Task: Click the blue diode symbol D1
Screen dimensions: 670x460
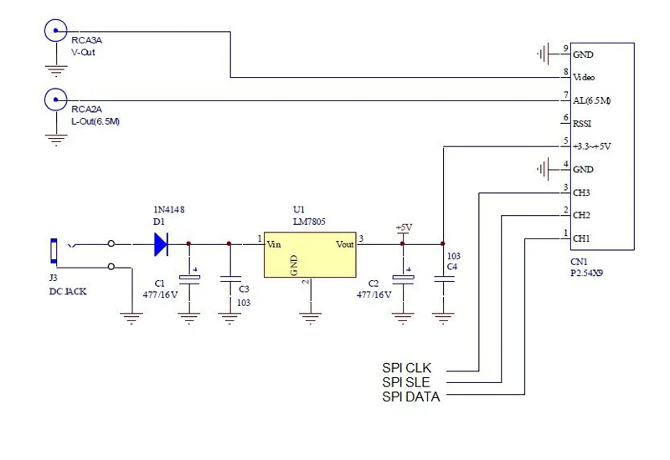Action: click(x=161, y=244)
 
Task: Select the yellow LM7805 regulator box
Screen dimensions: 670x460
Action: click(x=310, y=255)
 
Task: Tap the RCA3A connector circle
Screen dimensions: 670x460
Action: click(x=55, y=31)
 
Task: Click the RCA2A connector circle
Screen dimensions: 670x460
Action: click(x=55, y=100)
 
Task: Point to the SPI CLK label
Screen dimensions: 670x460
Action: click(x=406, y=368)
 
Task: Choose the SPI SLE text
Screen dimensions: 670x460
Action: click(x=406, y=382)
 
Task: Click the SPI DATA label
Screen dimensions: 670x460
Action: click(x=411, y=396)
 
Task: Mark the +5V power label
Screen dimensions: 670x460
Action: click(x=404, y=227)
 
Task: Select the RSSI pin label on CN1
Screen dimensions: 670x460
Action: click(x=582, y=124)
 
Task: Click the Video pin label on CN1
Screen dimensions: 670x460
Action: click(x=584, y=77)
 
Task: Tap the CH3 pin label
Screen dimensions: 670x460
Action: click(x=581, y=193)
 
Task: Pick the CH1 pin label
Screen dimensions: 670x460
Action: click(x=581, y=238)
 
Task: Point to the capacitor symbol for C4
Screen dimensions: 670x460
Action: click(x=444, y=279)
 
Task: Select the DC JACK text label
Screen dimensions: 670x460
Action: click(x=68, y=291)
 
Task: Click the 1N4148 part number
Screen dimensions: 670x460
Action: click(x=169, y=210)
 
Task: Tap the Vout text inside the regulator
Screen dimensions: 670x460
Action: click(x=345, y=244)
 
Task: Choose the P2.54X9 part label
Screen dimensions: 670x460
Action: click(x=587, y=273)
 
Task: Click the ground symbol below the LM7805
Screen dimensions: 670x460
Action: click(x=310, y=318)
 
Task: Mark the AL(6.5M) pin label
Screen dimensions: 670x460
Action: click(x=592, y=100)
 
